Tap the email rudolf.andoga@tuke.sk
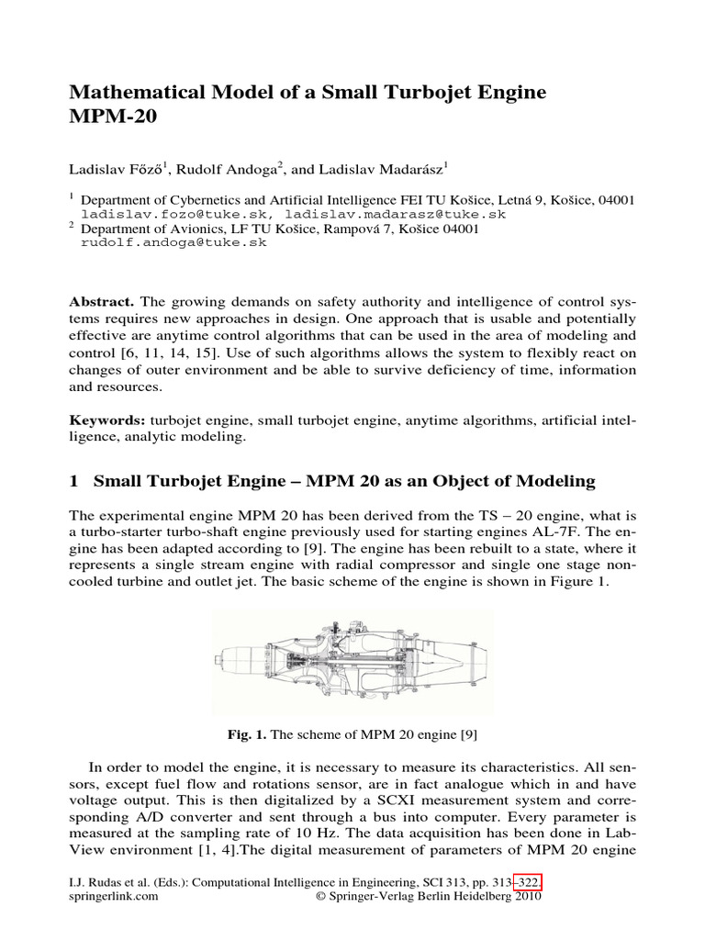point(173,242)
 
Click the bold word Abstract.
point(104,301)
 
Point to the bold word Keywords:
point(109,420)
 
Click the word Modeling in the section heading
point(554,481)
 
